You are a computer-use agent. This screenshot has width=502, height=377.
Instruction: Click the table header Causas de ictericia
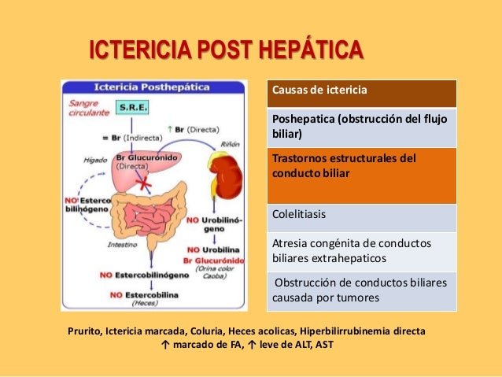[x=319, y=91]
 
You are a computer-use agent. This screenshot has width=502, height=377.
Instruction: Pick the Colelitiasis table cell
[x=299, y=213]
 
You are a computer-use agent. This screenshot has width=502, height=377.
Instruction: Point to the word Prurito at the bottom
[x=84, y=332]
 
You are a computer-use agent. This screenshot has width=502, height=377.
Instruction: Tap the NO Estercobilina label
[x=149, y=294]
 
